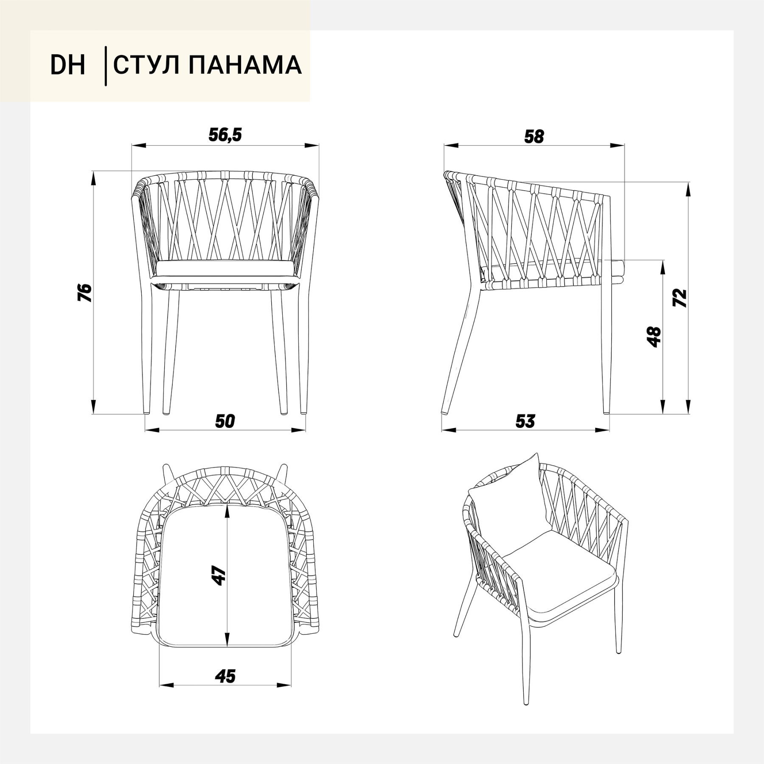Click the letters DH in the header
(x=68, y=65)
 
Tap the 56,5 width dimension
(x=225, y=135)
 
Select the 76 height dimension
(x=85, y=292)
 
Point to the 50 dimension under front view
(x=225, y=421)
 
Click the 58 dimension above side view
(x=534, y=137)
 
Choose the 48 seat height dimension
(x=654, y=337)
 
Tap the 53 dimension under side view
(x=525, y=421)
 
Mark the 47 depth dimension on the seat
(x=219, y=576)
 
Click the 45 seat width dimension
(x=225, y=677)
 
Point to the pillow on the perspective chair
(x=507, y=497)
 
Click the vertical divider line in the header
(x=105, y=66)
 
